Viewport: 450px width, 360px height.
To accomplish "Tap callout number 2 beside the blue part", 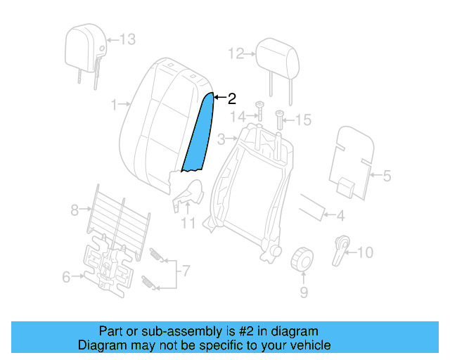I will click(x=231, y=99).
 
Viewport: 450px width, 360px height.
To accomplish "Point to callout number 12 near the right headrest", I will click(x=235, y=53).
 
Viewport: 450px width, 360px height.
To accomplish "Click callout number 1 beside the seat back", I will click(x=115, y=105).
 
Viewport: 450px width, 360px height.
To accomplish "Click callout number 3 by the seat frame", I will click(x=221, y=139).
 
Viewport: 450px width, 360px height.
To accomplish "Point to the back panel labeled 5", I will click(x=350, y=162).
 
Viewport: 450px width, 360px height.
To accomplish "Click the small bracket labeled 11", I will click(x=189, y=195).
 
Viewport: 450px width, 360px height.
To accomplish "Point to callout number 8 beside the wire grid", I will click(x=75, y=209).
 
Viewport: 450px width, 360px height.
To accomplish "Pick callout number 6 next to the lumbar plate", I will click(x=66, y=277).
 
